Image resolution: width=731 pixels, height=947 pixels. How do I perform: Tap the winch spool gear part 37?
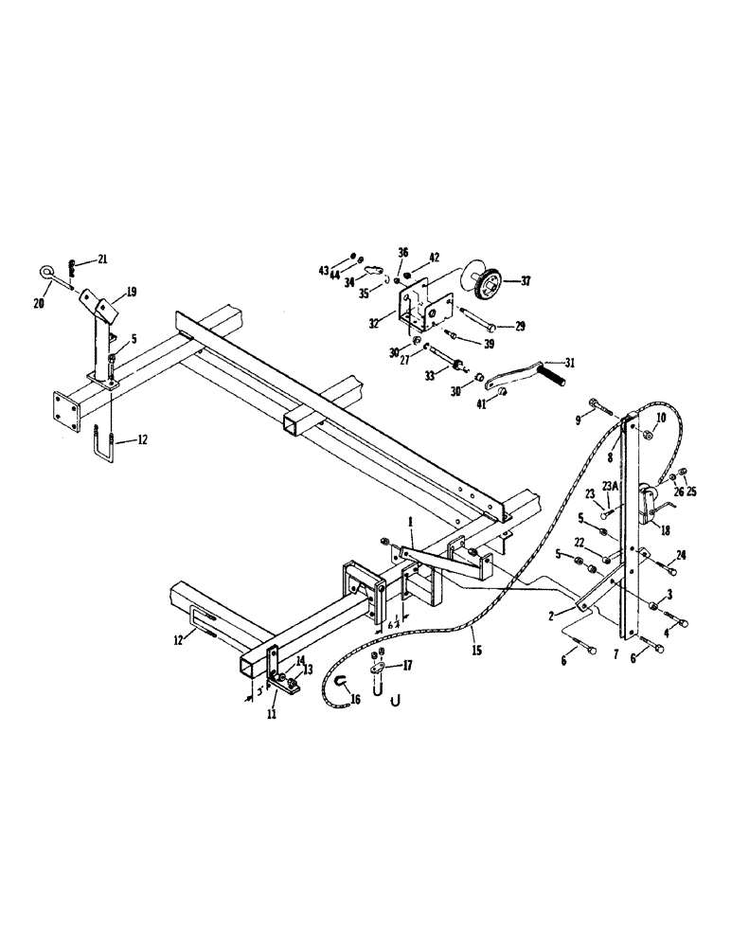tap(490, 281)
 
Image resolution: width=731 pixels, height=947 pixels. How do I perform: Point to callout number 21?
tap(103, 259)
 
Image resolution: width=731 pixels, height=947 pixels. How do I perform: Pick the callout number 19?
tap(132, 293)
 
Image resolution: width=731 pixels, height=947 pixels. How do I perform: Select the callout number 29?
tap(520, 327)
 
